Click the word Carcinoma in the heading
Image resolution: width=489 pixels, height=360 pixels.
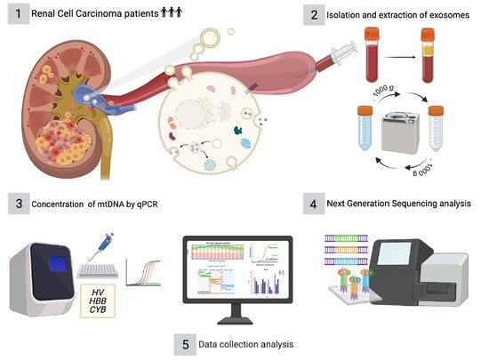point(98,15)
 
